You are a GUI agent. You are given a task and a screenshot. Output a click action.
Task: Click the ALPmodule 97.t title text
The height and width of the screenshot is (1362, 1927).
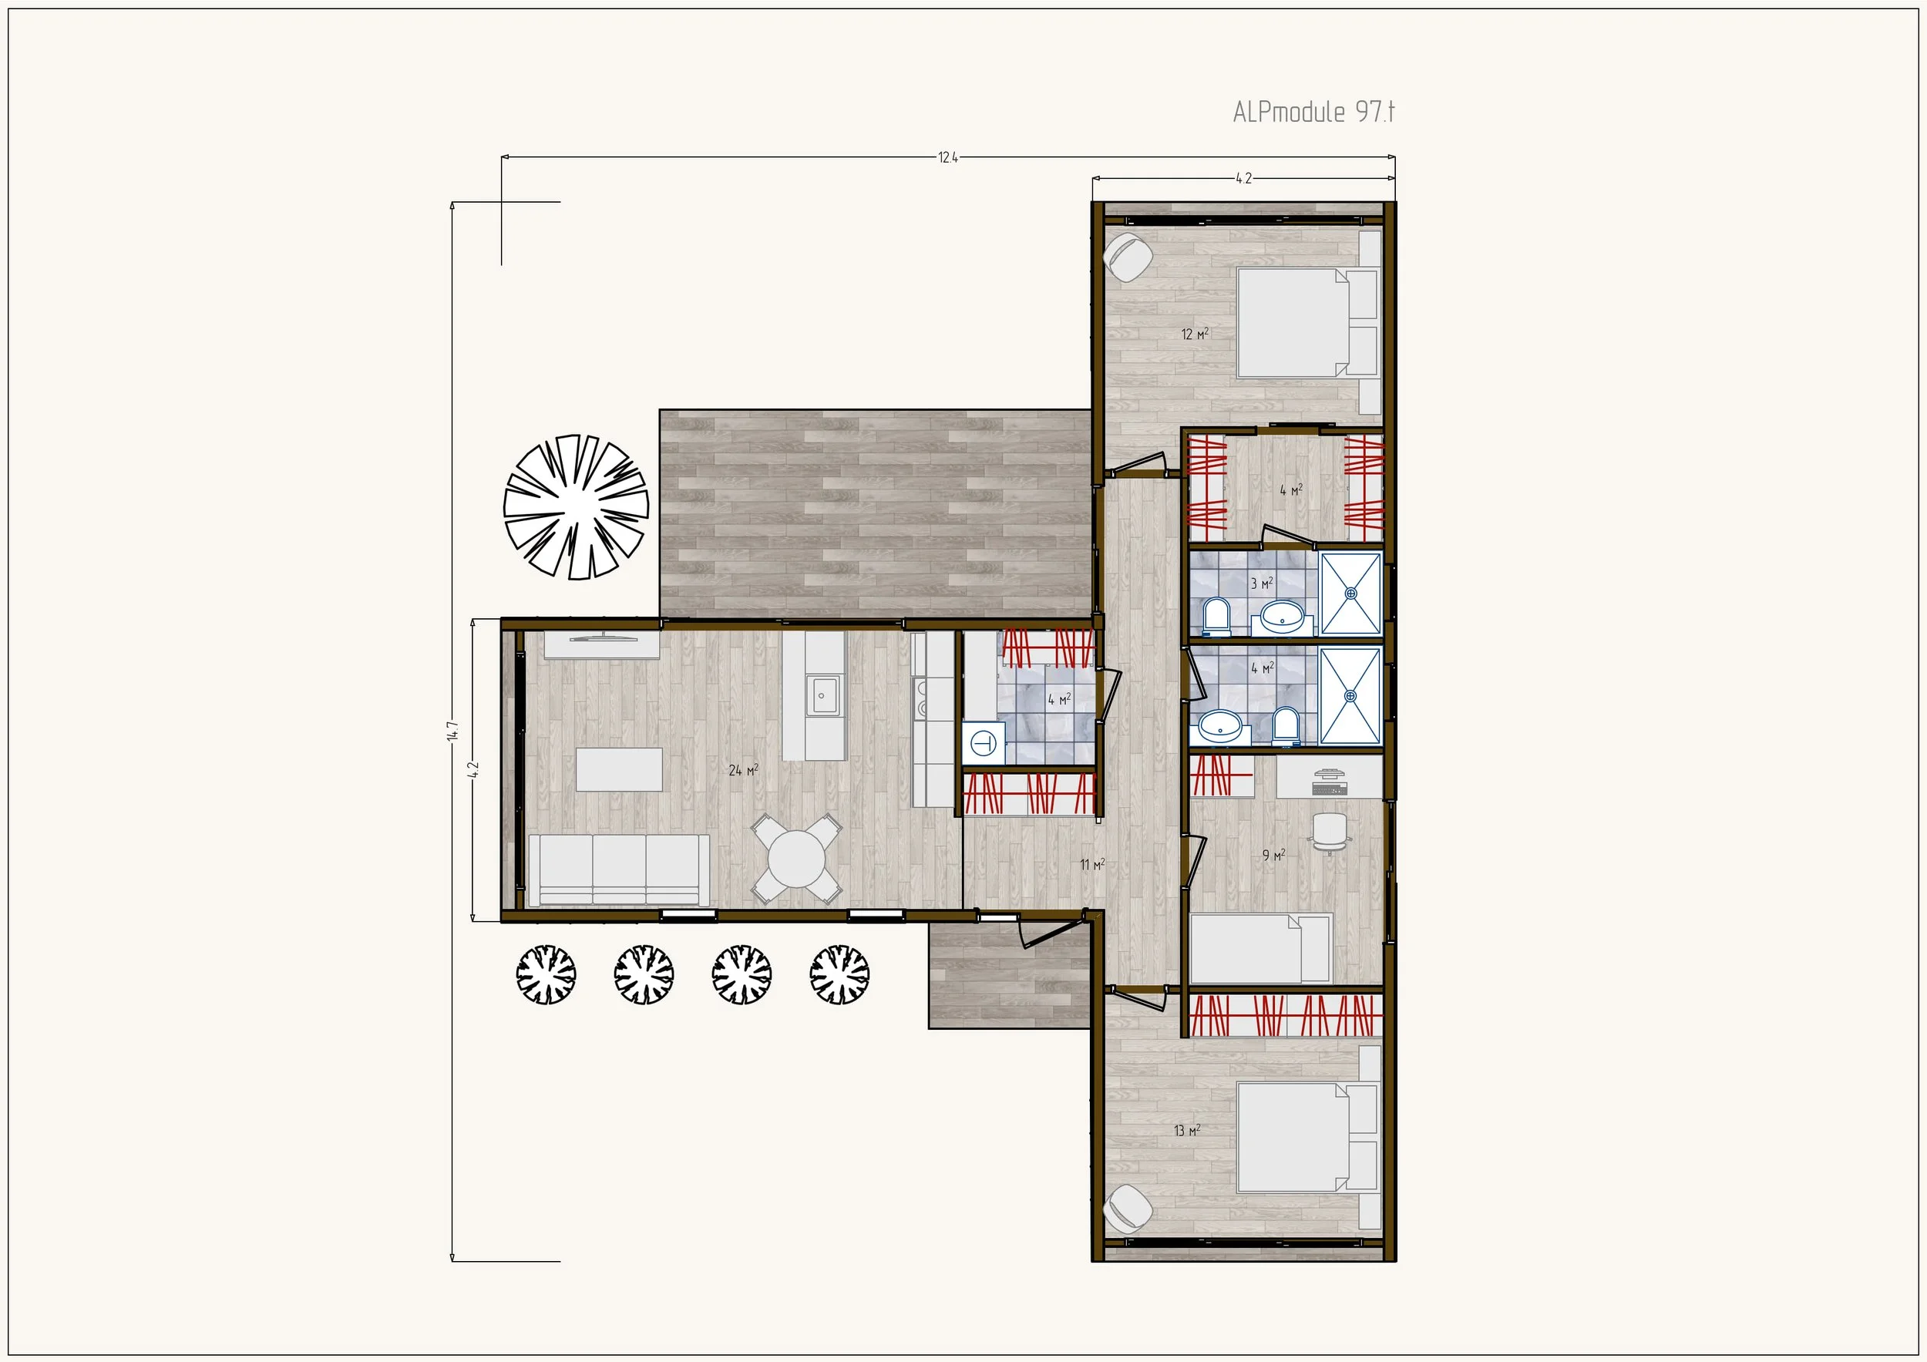pyautogui.click(x=1313, y=112)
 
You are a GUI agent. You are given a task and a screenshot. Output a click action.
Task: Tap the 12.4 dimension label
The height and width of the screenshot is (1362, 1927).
pyautogui.click(x=947, y=157)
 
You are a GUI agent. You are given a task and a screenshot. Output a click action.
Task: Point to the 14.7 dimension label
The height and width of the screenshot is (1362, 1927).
pyautogui.click(x=452, y=731)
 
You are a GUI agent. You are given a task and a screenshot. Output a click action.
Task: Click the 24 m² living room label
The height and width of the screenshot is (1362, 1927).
pyautogui.click(x=744, y=769)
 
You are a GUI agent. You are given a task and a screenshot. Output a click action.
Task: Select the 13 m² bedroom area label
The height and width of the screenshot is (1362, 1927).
pyautogui.click(x=1187, y=1131)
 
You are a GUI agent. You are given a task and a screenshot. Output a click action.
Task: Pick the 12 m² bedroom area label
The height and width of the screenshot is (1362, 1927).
pyautogui.click(x=1196, y=334)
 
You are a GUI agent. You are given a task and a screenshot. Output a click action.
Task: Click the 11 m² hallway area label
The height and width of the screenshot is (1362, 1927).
pyautogui.click(x=1092, y=864)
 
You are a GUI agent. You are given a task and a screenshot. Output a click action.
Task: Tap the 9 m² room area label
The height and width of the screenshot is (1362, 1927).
pyautogui.click(x=1274, y=855)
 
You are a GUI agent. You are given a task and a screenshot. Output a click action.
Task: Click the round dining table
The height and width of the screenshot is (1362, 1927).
pyautogui.click(x=796, y=859)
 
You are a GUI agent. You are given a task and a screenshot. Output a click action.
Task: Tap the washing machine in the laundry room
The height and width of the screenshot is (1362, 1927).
pyautogui.click(x=984, y=743)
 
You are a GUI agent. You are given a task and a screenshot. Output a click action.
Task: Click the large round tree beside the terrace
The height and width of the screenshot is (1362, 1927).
pyautogui.click(x=576, y=507)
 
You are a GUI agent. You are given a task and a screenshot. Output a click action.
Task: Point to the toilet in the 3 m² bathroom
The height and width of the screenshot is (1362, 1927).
pyautogui.click(x=1216, y=616)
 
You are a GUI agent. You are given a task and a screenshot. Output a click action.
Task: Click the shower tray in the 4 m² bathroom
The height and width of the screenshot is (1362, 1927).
pyautogui.click(x=1350, y=696)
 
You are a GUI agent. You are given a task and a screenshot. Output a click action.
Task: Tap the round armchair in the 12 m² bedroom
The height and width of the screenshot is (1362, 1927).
pyautogui.click(x=1127, y=257)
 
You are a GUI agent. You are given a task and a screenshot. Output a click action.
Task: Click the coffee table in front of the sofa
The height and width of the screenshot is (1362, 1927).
pyautogui.click(x=618, y=769)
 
